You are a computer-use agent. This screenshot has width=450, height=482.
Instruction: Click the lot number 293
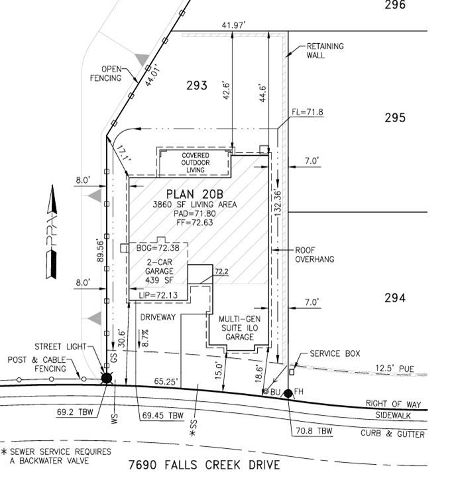tap(197, 85)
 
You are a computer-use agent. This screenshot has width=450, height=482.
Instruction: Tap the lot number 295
tap(395, 117)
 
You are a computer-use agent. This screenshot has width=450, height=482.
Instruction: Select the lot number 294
tap(395, 298)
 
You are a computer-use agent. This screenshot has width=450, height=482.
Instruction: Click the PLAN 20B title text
tap(195, 194)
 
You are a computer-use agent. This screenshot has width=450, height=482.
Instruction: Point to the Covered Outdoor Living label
tap(196, 162)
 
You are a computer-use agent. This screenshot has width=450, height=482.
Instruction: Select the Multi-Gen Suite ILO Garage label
tap(239, 328)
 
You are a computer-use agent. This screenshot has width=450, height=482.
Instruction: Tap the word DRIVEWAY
tap(158, 317)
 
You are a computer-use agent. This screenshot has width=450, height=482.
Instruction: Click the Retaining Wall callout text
tap(325, 51)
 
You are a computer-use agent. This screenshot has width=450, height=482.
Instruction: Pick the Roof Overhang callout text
tap(314, 255)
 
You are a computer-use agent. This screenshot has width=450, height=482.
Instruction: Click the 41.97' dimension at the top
tap(233, 25)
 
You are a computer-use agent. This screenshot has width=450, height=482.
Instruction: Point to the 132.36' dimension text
tap(278, 203)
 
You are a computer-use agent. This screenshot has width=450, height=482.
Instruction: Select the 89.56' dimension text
tap(100, 250)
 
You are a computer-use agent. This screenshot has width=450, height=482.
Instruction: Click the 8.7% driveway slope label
tap(145, 338)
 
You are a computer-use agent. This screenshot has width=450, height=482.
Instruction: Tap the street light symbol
tap(107, 378)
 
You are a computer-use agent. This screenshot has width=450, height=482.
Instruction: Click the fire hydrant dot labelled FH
tap(288, 393)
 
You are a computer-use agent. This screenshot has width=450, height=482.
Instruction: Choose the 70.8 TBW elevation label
tap(314, 431)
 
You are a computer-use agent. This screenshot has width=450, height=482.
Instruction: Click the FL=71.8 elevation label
tap(308, 112)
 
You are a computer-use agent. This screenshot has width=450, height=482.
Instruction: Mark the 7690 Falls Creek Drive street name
tap(204, 465)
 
